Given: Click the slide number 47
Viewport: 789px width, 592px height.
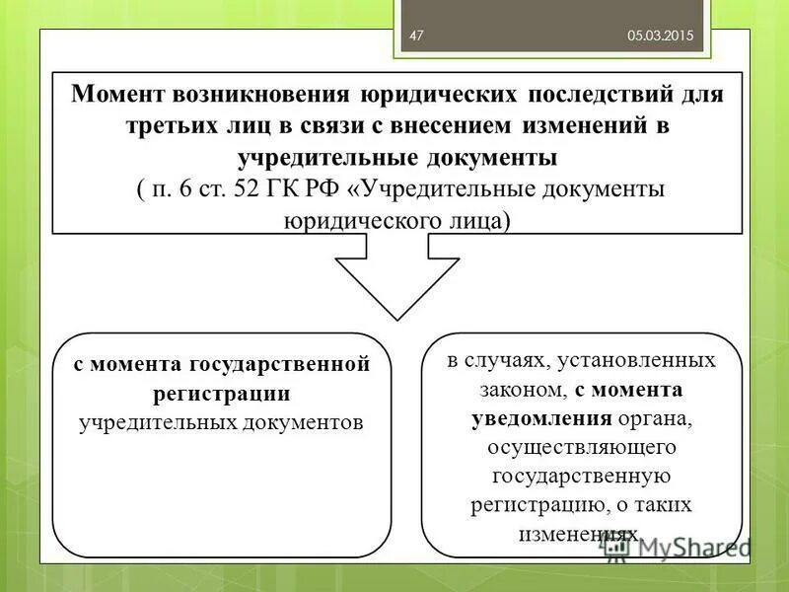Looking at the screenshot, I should [x=416, y=36].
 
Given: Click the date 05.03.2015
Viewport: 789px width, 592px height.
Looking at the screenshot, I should [x=661, y=36].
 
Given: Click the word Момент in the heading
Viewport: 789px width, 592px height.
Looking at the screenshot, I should [x=117, y=96].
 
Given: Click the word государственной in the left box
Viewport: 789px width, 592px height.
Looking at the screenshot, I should [x=285, y=364].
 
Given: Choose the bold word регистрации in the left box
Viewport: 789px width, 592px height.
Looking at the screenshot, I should [x=222, y=394].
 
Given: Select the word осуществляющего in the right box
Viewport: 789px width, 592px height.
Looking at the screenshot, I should [x=581, y=447].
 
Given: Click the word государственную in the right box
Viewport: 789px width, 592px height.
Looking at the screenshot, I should [x=581, y=476].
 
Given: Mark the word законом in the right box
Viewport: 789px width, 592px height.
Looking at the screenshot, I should [x=514, y=390].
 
